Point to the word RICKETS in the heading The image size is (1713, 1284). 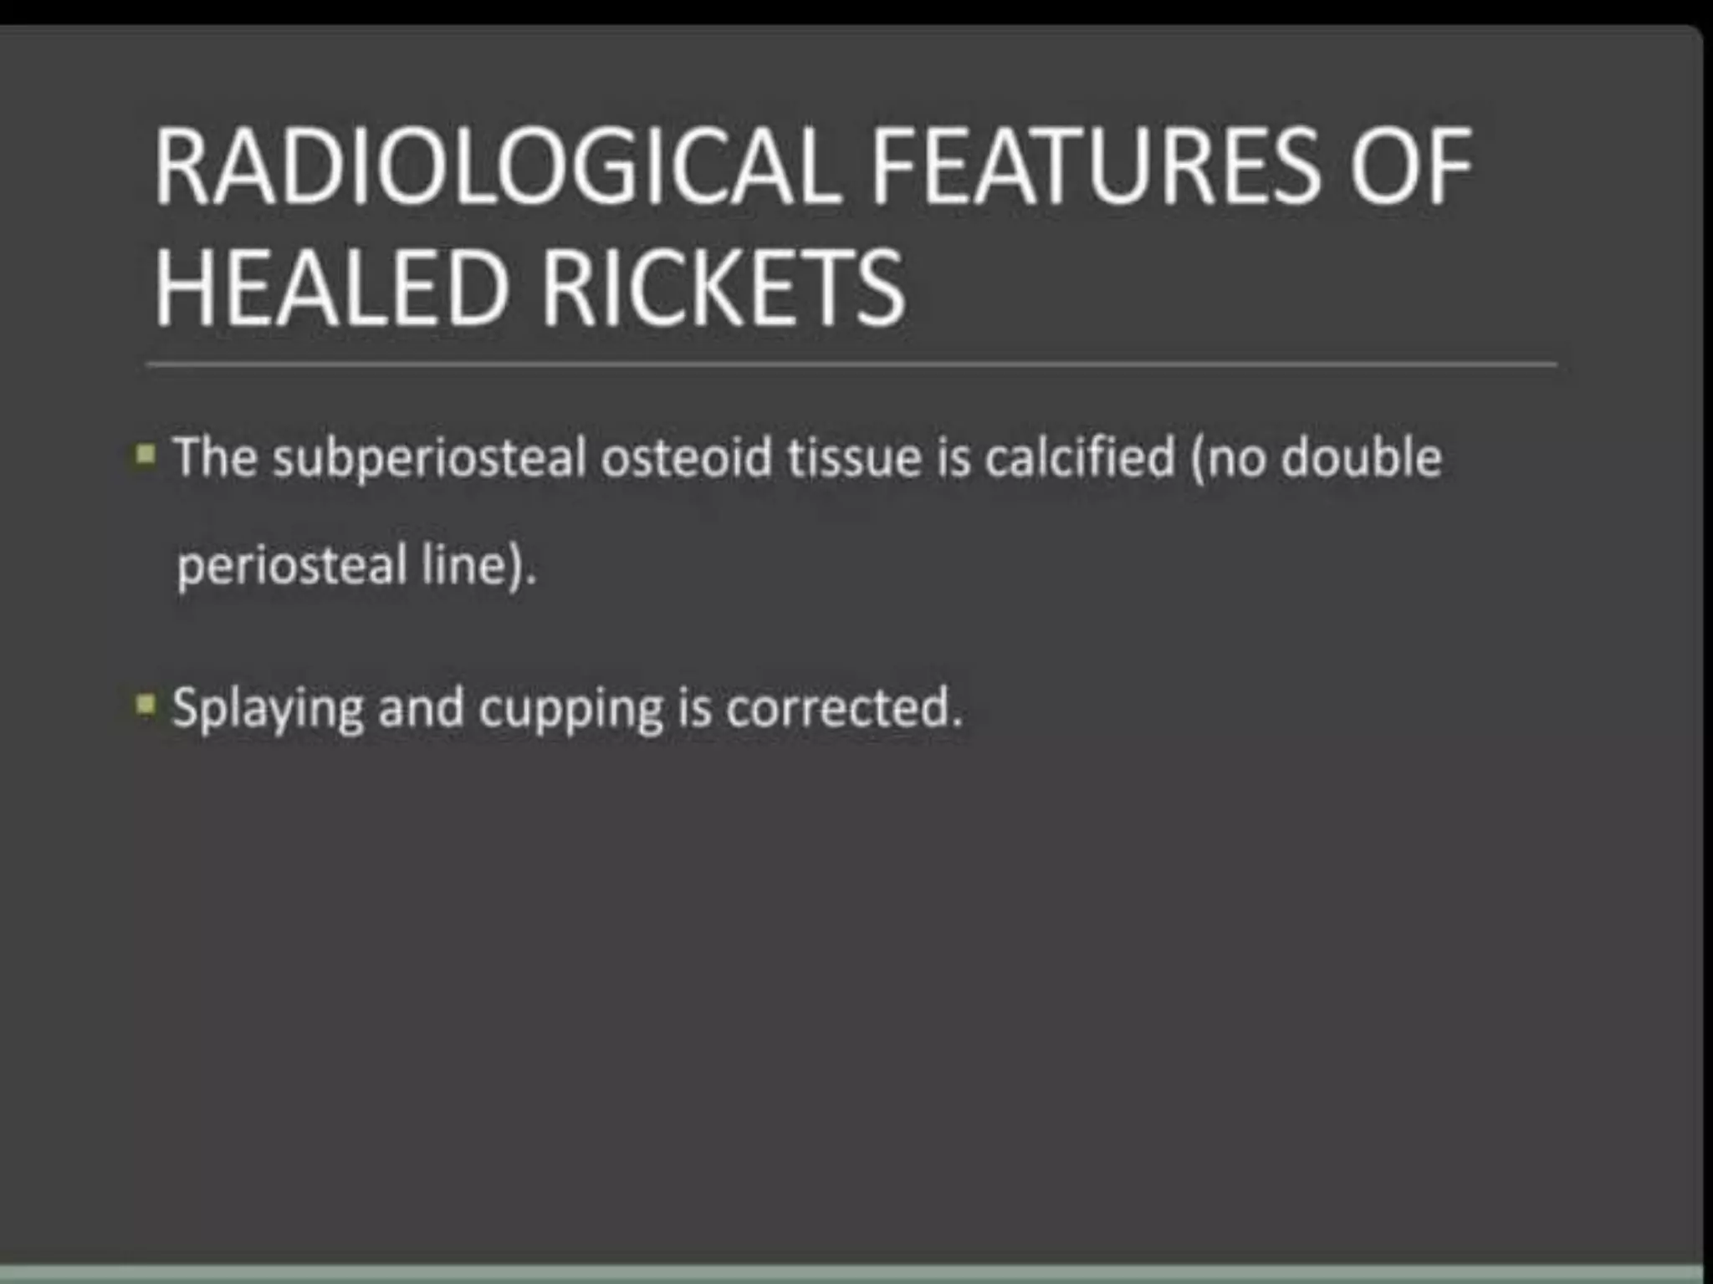pos(724,288)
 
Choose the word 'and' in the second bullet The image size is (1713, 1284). pos(421,707)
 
